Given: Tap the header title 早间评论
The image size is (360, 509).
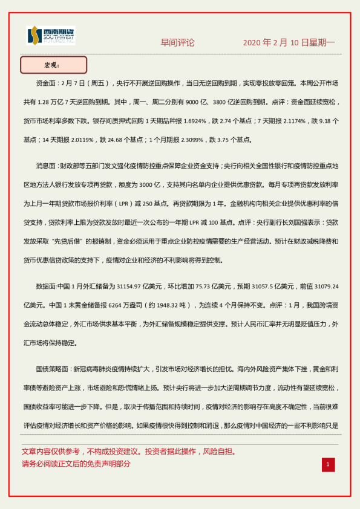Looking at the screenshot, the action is (177, 42).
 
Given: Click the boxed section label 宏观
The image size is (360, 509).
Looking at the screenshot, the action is (53, 65).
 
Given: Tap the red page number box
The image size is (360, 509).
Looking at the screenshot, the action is (328, 464).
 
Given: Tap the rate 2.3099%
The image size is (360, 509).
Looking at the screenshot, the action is (188, 139).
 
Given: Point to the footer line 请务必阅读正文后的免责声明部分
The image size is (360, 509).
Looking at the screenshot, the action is (76, 464).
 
